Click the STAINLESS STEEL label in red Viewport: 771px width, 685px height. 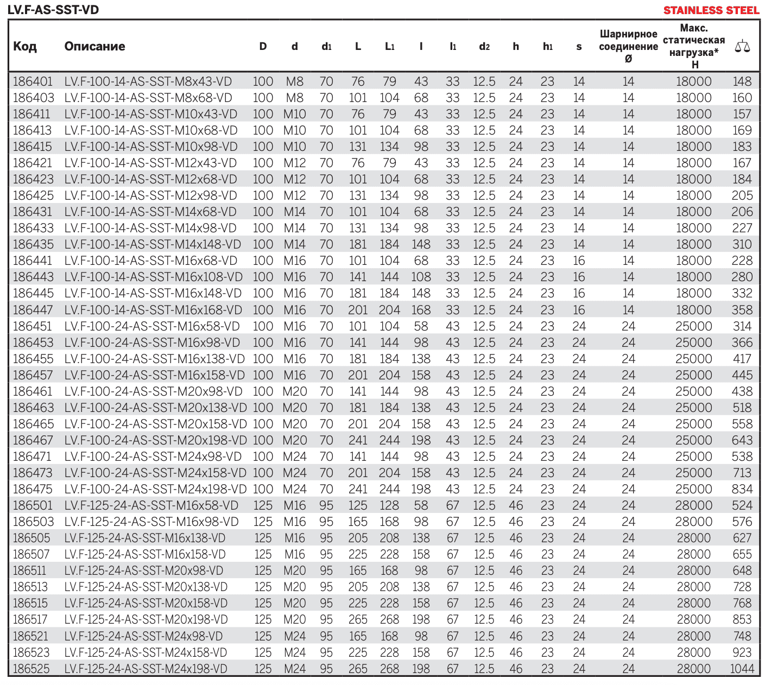(711, 10)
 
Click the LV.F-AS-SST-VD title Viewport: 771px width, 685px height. (53, 10)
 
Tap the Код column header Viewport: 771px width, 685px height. (25, 47)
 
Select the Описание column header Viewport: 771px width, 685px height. (94, 47)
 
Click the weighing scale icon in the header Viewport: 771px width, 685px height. (742, 47)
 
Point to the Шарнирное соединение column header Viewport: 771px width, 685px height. (628, 46)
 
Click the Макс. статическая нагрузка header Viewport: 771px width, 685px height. (694, 46)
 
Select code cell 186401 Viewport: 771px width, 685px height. (33, 81)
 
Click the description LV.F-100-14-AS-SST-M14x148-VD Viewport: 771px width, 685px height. (153, 244)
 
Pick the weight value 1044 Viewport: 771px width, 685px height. (742, 669)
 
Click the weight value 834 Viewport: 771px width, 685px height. (742, 489)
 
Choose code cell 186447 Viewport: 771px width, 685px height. (33, 310)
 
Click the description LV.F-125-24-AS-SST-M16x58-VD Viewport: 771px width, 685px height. (151, 505)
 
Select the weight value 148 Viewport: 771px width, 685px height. (742, 81)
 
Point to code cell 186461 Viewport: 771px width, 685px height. (33, 391)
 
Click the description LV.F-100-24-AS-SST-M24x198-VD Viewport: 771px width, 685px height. (155, 489)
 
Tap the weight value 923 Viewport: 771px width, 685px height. (742, 652)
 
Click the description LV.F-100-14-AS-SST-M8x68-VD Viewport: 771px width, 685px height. (148, 98)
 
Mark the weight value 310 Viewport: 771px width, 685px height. (742, 244)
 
